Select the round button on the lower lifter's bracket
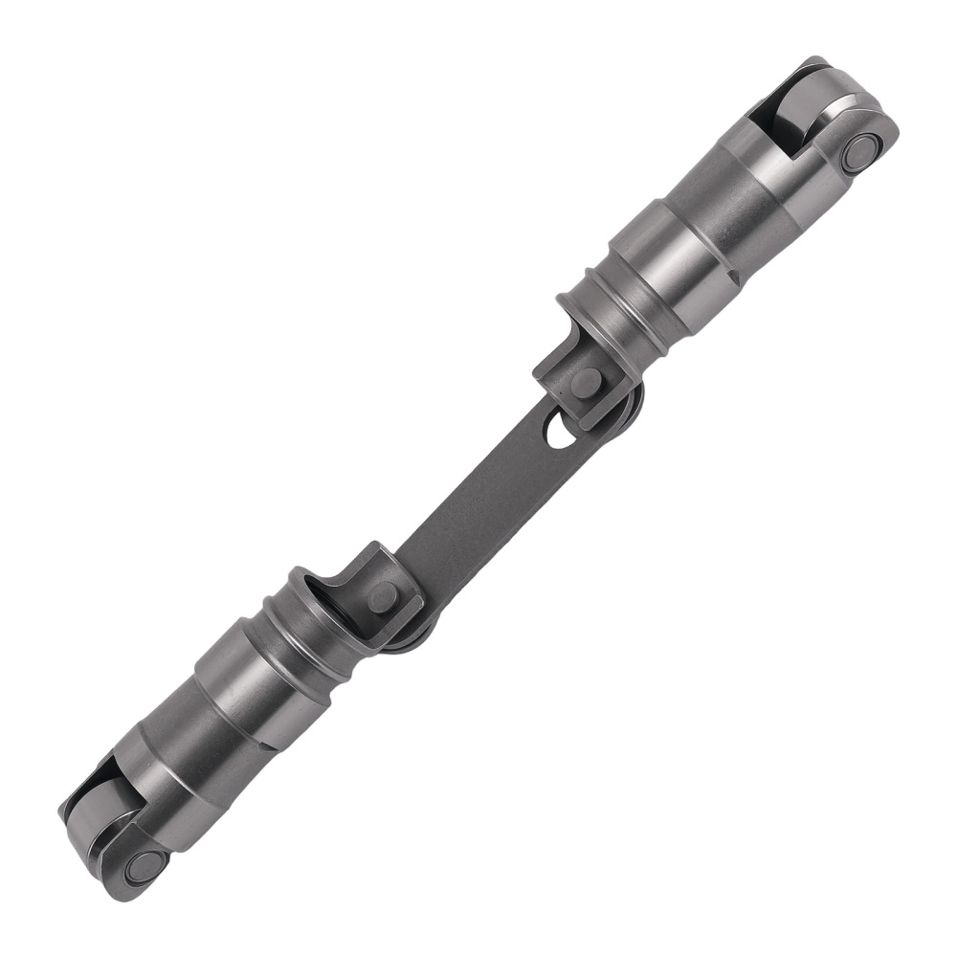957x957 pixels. point(380,599)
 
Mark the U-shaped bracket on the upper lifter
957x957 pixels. point(565,368)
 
